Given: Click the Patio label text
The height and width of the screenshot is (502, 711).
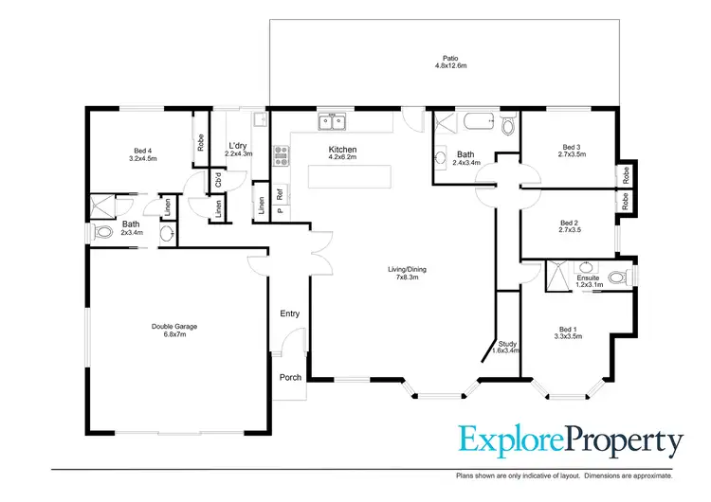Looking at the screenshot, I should click(444, 58).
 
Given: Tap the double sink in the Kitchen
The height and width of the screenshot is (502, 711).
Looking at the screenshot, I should click(332, 121).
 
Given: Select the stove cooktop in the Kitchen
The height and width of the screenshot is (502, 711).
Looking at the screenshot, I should click(281, 154).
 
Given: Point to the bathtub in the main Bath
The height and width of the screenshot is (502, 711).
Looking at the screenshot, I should click(478, 122).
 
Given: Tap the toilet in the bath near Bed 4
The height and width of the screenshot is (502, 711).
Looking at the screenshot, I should click(167, 233).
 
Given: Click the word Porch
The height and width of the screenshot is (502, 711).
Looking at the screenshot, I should click(290, 377).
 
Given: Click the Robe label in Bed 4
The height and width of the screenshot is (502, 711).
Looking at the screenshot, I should click(201, 143).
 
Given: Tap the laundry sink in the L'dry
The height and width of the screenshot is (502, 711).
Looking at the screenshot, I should click(258, 120).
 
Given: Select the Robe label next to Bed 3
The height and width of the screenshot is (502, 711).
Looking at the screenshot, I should click(627, 174).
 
